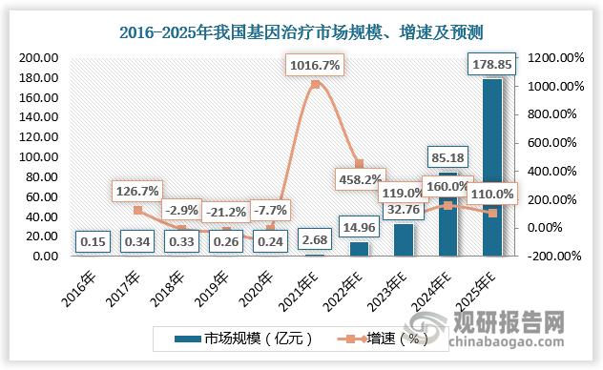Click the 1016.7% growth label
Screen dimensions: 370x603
click(x=316, y=67)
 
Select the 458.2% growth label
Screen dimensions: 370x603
click(x=358, y=177)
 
